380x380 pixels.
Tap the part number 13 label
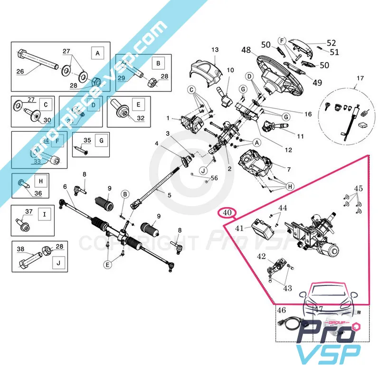pos(215,49)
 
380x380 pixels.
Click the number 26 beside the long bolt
pos(20,72)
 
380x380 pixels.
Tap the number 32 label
pos(140,118)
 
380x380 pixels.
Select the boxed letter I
pos(44,214)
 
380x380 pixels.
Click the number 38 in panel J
pos(20,249)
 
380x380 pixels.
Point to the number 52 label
pos(331,43)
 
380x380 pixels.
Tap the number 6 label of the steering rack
pos(65,187)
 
